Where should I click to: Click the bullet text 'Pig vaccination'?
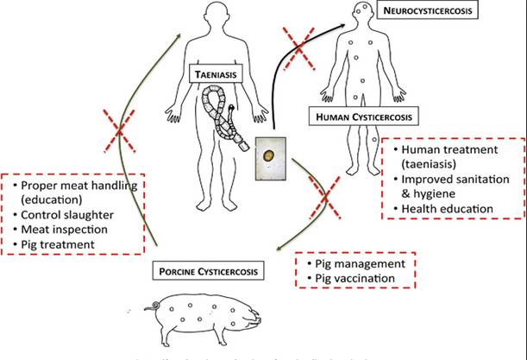(350, 277)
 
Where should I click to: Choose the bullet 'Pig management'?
(354, 262)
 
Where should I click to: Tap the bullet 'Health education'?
(440, 209)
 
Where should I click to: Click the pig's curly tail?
(156, 306)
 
